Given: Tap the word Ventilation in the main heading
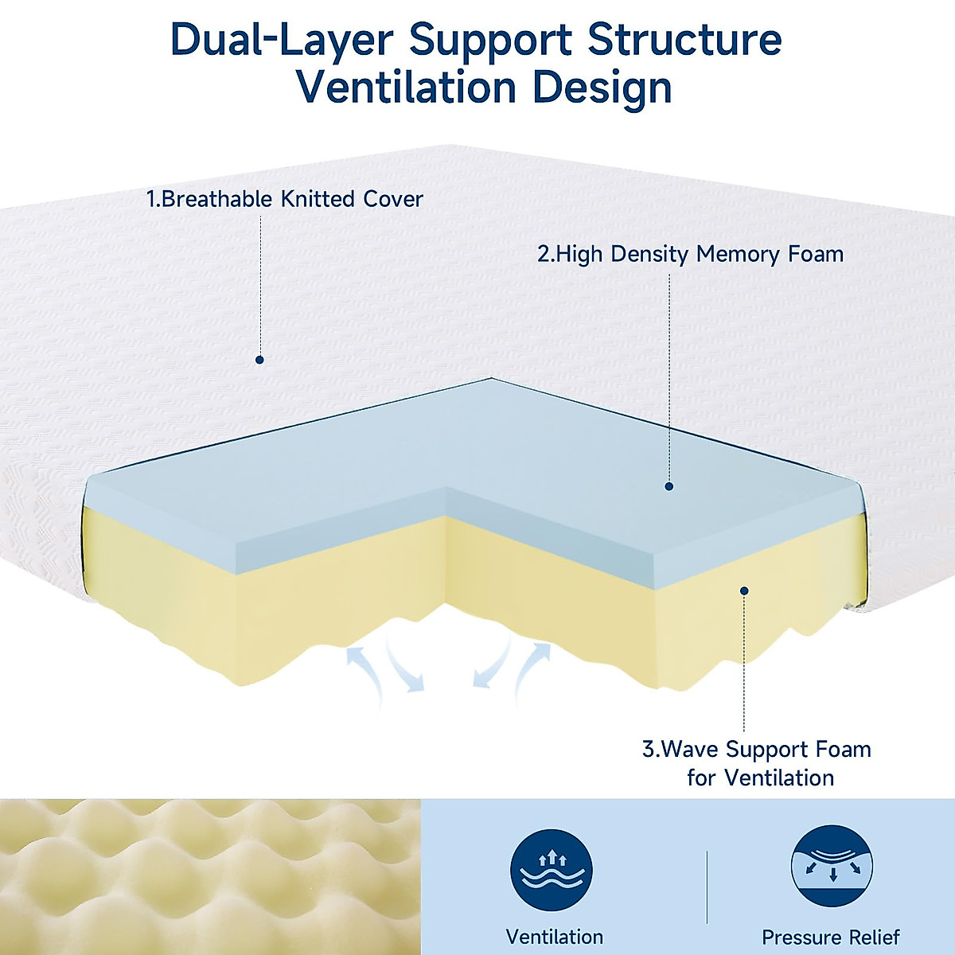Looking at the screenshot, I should (407, 88).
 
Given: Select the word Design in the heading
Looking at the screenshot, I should (602, 88).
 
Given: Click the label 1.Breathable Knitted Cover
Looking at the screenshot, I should (284, 199).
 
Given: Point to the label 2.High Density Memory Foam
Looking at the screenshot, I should (690, 255).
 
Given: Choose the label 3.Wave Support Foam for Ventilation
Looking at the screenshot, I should (757, 763).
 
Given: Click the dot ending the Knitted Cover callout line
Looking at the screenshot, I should (259, 360).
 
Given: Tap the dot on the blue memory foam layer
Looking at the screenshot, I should (668, 485).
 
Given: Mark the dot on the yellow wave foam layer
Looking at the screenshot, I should (744, 591).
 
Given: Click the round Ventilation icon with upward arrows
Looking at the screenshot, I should (552, 869).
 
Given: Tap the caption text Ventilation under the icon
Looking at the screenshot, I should (555, 937).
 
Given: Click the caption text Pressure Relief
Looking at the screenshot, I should (831, 937).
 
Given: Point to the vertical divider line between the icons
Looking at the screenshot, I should (707, 887).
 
